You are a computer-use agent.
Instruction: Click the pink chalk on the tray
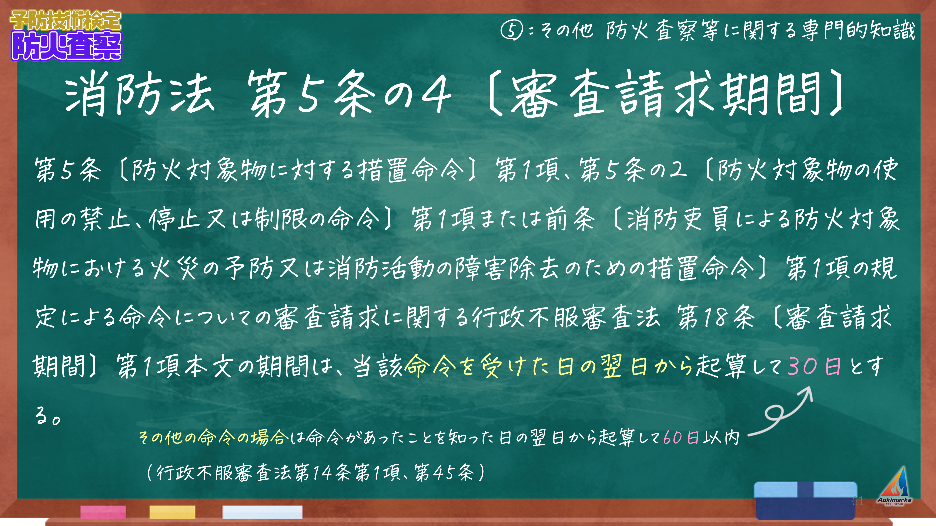click(103, 512)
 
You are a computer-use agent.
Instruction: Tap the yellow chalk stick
click(172, 512)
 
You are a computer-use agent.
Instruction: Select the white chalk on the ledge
click(262, 512)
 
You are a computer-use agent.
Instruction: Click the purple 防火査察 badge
click(67, 46)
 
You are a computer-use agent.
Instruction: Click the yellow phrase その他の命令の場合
click(214, 437)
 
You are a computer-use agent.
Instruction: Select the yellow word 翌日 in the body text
click(624, 366)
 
